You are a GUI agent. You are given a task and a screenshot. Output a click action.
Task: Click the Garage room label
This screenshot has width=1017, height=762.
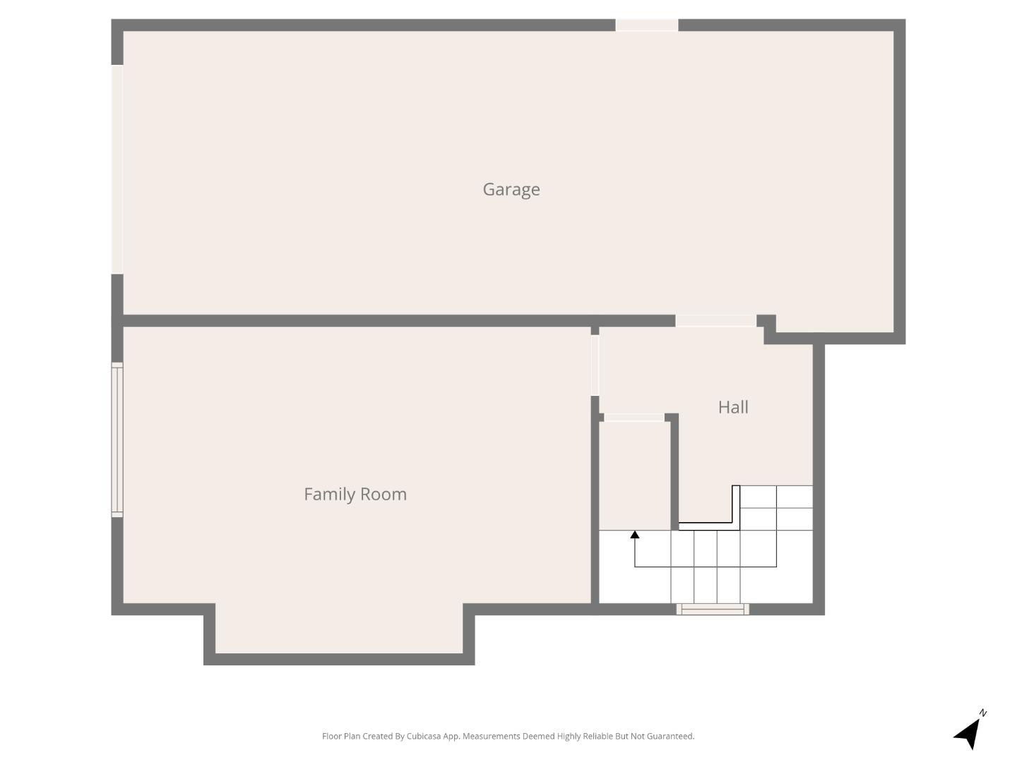click(511, 189)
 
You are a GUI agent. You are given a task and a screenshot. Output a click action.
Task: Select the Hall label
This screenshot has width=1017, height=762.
click(732, 407)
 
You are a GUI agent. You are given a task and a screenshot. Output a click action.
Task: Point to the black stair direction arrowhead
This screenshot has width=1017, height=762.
click(635, 535)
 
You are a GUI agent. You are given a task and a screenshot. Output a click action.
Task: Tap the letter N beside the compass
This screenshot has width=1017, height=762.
click(983, 713)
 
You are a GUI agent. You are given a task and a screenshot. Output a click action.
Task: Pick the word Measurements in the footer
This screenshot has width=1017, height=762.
click(491, 736)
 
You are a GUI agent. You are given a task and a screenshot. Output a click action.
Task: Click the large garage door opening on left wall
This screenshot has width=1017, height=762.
click(117, 169)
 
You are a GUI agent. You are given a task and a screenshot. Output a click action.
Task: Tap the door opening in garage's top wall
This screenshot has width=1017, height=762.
click(647, 25)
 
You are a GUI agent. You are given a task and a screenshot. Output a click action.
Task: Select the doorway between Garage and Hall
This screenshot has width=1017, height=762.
click(715, 321)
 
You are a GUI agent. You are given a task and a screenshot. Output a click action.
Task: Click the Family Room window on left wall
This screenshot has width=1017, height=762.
click(117, 440)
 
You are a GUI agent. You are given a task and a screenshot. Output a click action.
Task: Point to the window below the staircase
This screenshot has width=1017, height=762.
click(713, 609)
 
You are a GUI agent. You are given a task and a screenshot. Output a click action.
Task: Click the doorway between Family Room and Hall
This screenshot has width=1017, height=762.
click(595, 365)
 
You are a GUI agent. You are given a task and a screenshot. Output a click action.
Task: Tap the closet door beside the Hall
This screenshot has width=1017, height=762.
click(634, 418)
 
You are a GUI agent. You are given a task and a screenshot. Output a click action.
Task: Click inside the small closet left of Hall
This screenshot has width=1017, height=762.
click(634, 474)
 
